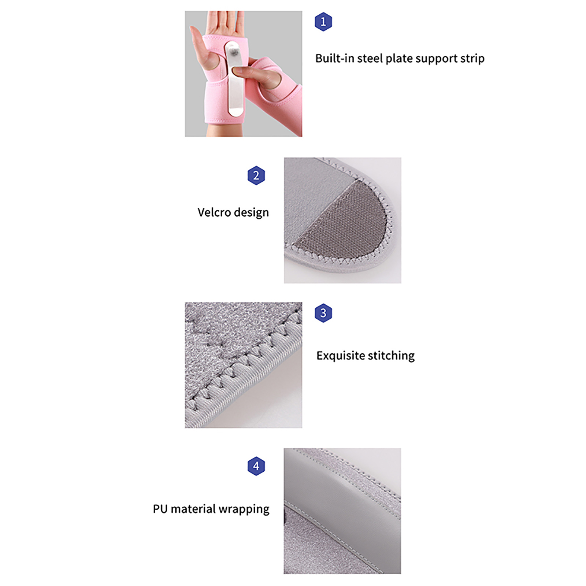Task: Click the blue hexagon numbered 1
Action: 323,22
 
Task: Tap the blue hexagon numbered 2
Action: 256,175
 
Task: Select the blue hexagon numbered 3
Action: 323,313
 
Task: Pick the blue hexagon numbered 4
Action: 256,466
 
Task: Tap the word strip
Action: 472,59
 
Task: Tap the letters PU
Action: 160,509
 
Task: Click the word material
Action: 193,509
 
